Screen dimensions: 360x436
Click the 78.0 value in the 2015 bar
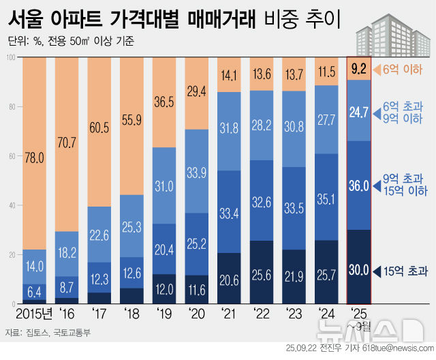[35, 158]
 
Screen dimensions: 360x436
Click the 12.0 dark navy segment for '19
[164, 288]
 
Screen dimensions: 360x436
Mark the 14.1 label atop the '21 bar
[229, 76]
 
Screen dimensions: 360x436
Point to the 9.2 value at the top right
[358, 69]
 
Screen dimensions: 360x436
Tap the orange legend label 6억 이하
[403, 69]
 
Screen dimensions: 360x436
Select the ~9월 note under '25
[358, 325]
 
